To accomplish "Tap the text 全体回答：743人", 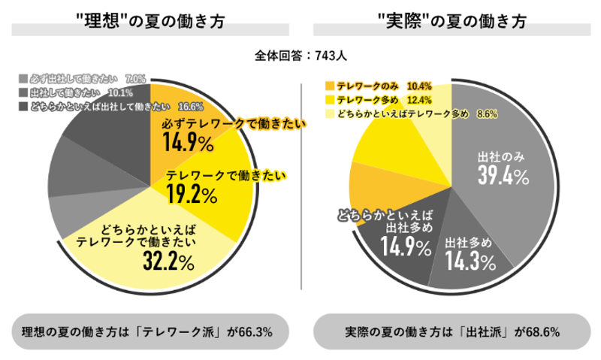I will [300, 55].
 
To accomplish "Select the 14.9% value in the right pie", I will [405, 247].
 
